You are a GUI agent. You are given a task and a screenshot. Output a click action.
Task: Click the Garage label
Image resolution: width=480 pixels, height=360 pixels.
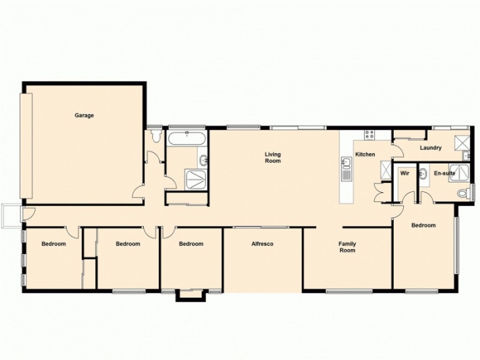point(84,115)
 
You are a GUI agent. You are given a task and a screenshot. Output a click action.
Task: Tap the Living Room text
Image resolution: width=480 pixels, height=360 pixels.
point(273,158)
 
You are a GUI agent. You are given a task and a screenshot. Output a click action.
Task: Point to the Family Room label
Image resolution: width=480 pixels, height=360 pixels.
point(347,247)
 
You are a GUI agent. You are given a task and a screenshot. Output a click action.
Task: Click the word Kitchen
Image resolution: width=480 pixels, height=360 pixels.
point(365,155)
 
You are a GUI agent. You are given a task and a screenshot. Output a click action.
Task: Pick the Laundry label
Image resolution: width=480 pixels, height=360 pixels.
point(431,148)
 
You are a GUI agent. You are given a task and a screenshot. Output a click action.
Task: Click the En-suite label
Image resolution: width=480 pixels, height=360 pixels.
point(445,173)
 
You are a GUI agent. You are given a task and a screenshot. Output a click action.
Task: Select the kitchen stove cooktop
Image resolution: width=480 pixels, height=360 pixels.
point(369,135)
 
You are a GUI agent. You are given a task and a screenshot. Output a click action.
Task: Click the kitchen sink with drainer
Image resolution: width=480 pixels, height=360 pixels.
point(346,169)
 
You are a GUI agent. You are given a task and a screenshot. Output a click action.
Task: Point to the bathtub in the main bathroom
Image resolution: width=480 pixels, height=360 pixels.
point(187,139)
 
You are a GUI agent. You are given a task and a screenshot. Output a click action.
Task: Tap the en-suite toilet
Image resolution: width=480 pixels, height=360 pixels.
point(464,193)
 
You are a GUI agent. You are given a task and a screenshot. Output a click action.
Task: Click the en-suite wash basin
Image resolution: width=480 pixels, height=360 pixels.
point(423,174)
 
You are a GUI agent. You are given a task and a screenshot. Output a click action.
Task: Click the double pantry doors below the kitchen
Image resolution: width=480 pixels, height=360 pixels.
point(380,193)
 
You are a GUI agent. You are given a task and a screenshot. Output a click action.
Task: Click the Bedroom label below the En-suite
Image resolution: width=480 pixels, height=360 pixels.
point(423,226)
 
